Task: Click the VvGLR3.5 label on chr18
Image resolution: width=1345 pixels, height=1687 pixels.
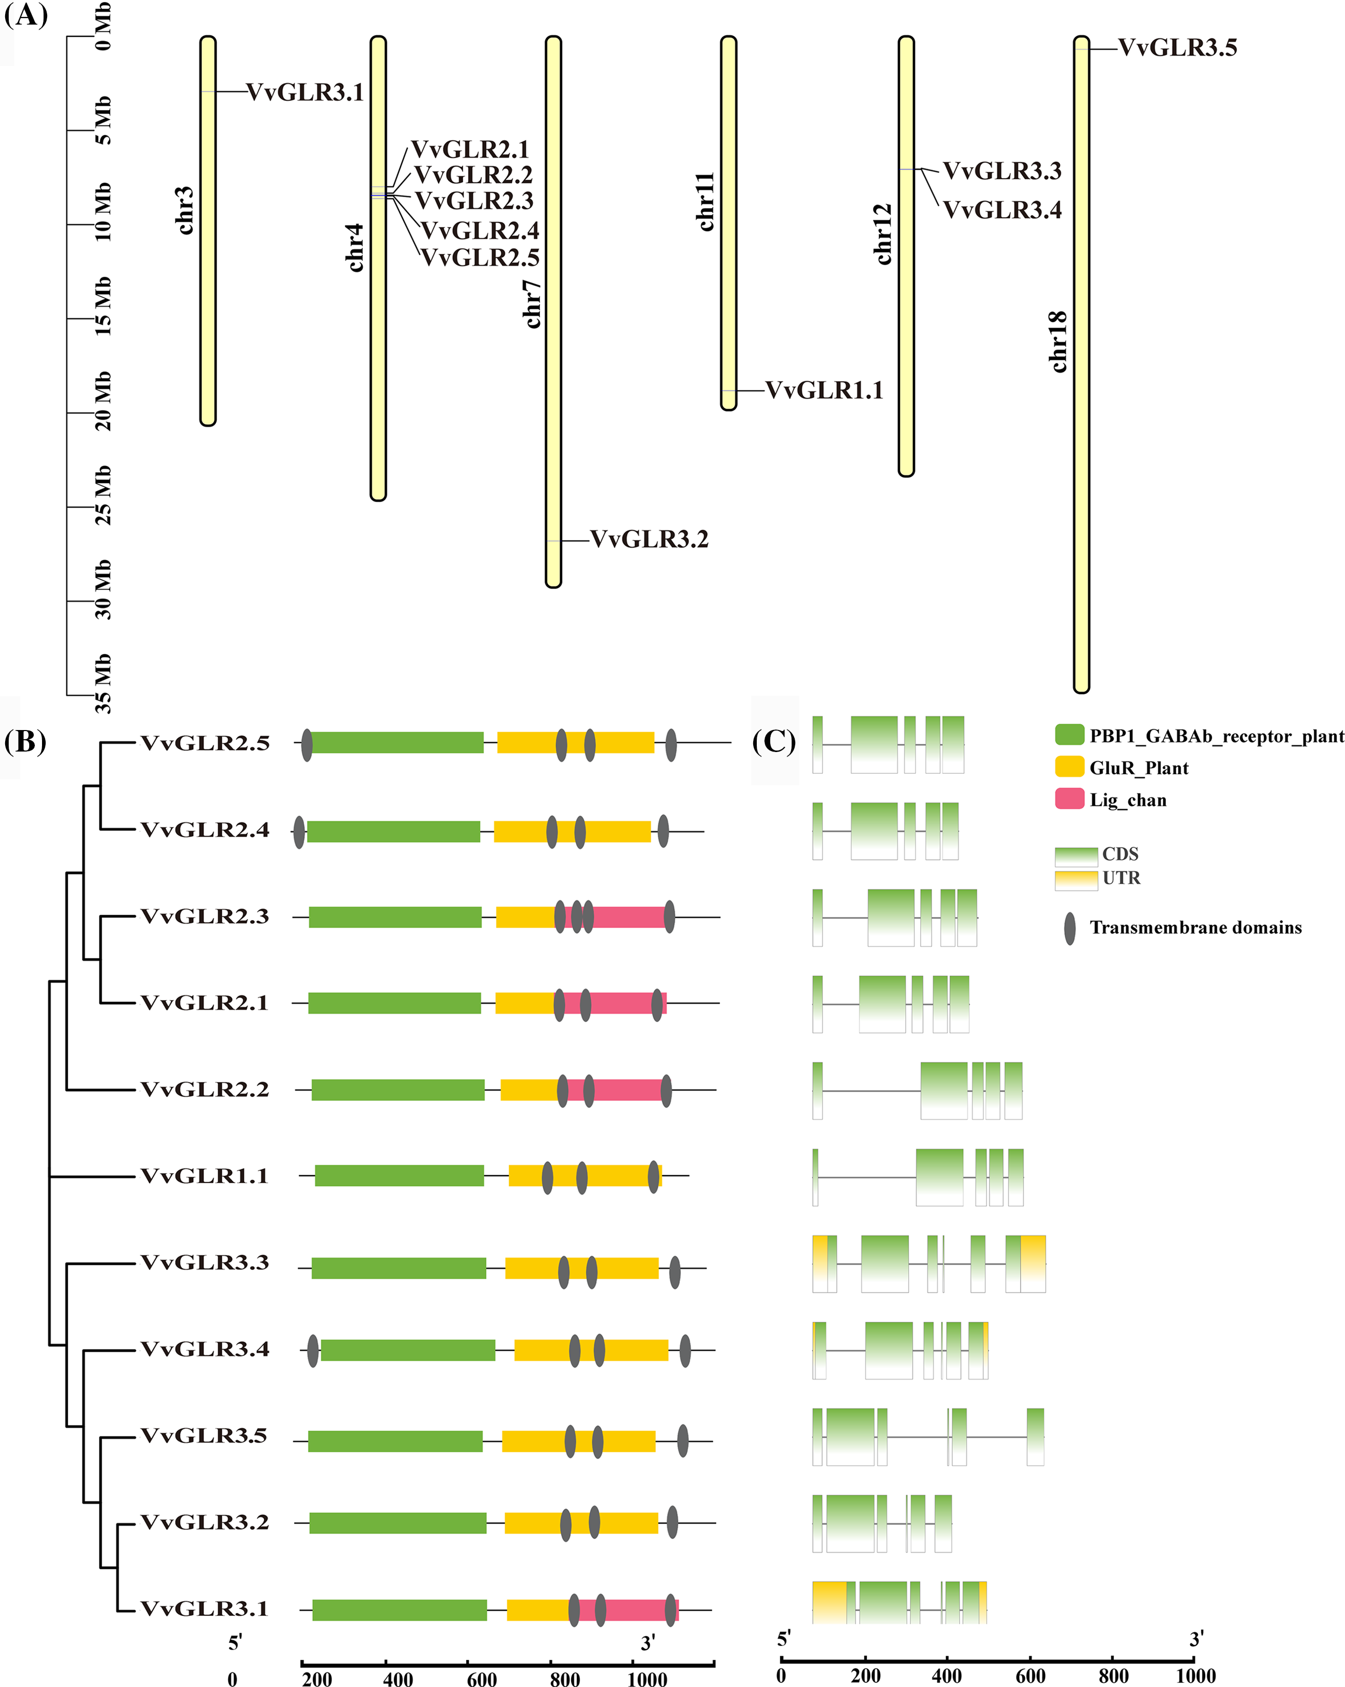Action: pyautogui.click(x=1177, y=49)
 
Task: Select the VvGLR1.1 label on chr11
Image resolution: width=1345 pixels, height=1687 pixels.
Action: pyautogui.click(x=824, y=390)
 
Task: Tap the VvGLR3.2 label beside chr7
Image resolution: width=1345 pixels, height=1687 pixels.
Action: pyautogui.click(x=649, y=540)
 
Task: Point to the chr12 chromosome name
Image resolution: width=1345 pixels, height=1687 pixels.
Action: pyautogui.click(x=883, y=234)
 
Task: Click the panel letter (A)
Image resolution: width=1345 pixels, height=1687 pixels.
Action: pyautogui.click(x=26, y=16)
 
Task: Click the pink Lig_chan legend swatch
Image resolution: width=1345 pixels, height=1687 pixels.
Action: pyautogui.click(x=1069, y=799)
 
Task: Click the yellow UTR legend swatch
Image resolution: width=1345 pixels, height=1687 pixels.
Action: pyautogui.click(x=1076, y=880)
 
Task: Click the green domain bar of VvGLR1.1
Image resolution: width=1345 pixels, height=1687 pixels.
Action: pyautogui.click(x=399, y=1175)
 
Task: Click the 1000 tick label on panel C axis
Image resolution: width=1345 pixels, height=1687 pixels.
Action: pyautogui.click(x=1195, y=1675)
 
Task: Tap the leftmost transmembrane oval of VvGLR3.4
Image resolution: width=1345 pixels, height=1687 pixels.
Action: pyautogui.click(x=313, y=1350)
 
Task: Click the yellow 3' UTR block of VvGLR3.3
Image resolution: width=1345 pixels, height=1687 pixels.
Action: pyautogui.click(x=1033, y=1263)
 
